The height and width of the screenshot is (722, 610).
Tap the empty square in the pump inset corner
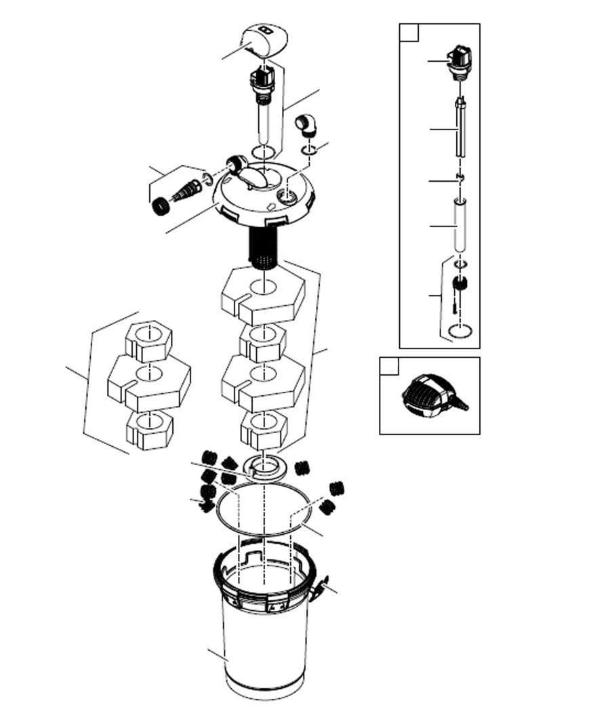coord(389,367)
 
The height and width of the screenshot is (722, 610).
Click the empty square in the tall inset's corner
coord(409,33)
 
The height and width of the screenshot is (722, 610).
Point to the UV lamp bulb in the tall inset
coord(460,129)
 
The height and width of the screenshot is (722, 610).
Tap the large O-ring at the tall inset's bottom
coord(461,331)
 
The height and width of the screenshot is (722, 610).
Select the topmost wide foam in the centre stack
coord(263,295)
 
